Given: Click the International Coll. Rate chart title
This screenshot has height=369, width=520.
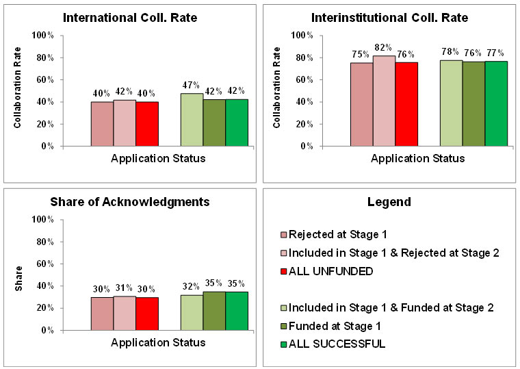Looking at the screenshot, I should click(130, 17).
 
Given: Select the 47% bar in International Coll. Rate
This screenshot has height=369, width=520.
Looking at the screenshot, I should click(192, 120).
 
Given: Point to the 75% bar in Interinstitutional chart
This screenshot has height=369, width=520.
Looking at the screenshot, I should click(361, 104).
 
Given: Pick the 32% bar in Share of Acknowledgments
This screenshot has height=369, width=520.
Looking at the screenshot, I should click(192, 312).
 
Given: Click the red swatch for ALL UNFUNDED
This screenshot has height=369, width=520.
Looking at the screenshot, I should click(284, 271).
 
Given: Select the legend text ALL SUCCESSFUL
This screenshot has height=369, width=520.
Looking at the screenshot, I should click(338, 343).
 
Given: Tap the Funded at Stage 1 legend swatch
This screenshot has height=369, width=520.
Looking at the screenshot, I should click(284, 325).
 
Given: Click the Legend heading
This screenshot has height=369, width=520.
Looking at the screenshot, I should click(389, 202).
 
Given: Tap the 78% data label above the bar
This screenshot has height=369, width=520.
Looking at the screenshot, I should click(451, 52).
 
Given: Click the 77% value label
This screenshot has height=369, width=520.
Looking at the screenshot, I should click(496, 53).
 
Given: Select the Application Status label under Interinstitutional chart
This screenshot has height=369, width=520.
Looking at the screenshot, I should click(417, 158).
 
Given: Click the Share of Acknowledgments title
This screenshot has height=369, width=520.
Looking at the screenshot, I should click(130, 202).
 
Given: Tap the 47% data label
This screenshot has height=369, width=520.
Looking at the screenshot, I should click(192, 85).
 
